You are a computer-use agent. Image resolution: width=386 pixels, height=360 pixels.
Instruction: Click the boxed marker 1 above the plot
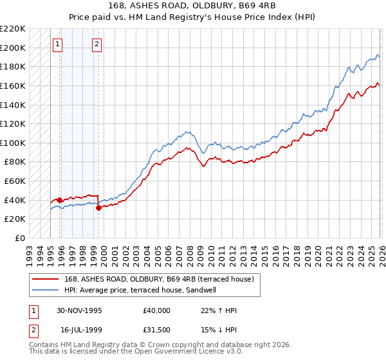click(58, 44)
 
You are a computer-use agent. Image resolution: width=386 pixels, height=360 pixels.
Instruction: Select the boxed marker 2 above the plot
click(96, 44)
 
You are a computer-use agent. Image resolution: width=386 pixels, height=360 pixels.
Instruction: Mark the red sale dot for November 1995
click(60, 200)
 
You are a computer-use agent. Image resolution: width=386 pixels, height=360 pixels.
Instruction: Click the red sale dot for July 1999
click(98, 208)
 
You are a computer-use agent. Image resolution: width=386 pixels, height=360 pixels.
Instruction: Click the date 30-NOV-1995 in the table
click(80, 310)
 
